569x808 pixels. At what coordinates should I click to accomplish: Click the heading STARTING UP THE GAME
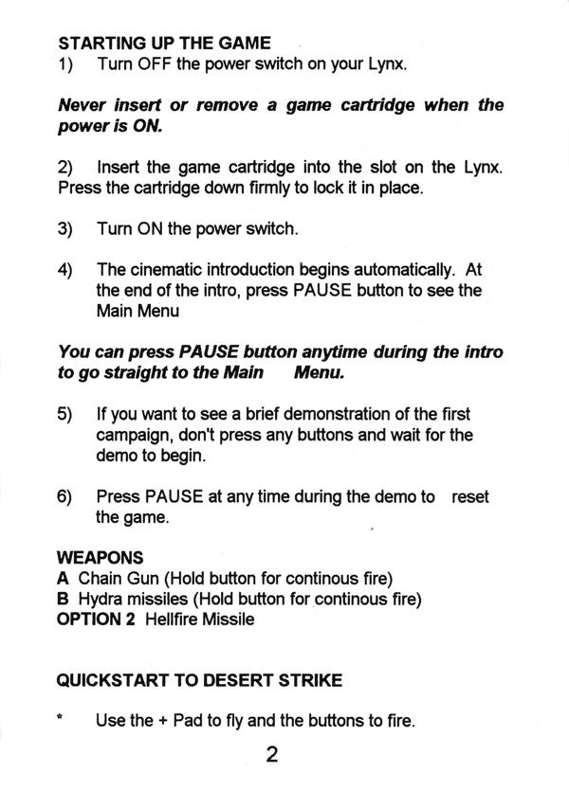pyautogui.click(x=164, y=43)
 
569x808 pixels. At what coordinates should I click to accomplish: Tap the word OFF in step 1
pyautogui.click(x=155, y=63)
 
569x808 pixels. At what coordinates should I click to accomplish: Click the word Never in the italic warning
pyautogui.click(x=82, y=105)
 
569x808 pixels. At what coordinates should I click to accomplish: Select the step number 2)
pyautogui.click(x=65, y=168)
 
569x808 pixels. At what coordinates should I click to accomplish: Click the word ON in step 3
pyautogui.click(x=150, y=229)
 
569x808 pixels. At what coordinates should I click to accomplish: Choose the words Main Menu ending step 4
pyautogui.click(x=138, y=312)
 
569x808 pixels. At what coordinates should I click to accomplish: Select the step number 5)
pyautogui.click(x=65, y=414)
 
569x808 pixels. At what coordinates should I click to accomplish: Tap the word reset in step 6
pyautogui.click(x=469, y=496)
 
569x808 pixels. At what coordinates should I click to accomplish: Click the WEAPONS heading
pyautogui.click(x=101, y=558)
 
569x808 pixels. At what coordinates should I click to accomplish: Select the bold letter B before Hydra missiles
pyautogui.click(x=63, y=599)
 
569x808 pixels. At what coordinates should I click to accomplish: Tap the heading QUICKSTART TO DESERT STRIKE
pyautogui.click(x=199, y=680)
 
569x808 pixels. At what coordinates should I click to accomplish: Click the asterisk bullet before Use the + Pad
pyautogui.click(x=61, y=717)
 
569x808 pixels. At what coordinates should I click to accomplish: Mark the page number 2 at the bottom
pyautogui.click(x=272, y=754)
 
